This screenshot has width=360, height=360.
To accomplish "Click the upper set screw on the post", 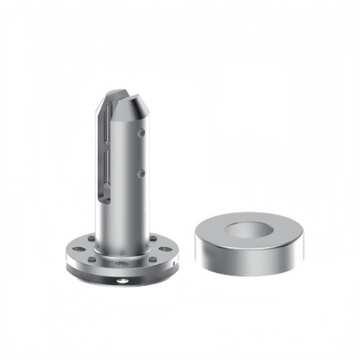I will pos(143,132).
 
